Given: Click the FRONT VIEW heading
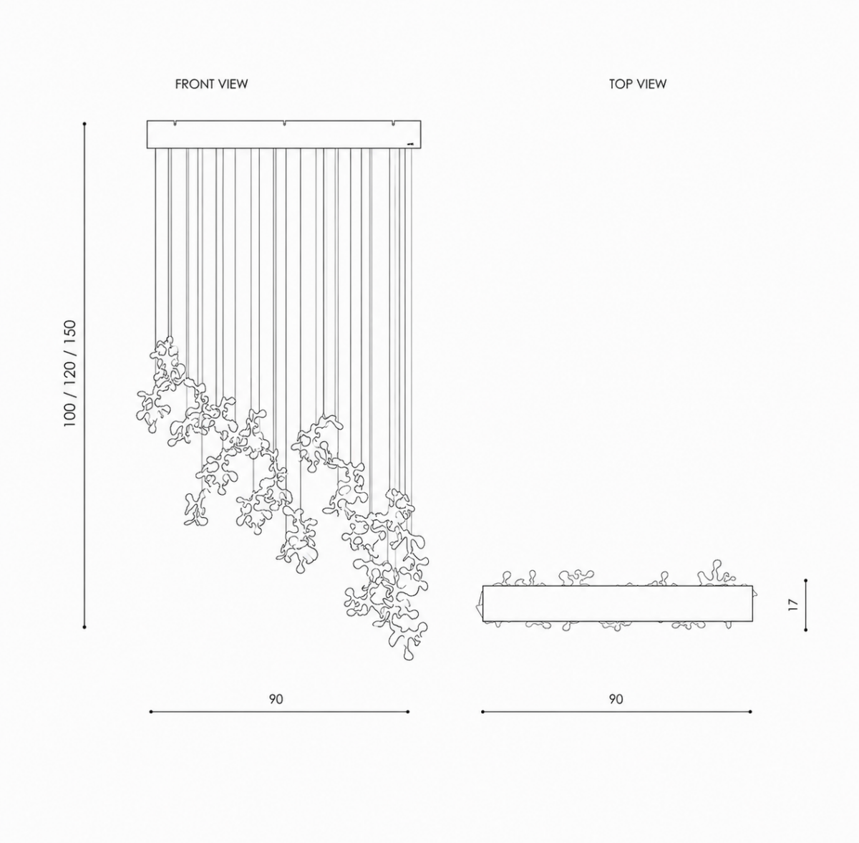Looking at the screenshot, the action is coord(211,84).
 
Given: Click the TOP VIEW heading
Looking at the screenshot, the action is coord(638,84).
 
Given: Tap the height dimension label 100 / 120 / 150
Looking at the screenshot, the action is coord(70,373).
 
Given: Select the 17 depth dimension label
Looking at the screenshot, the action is coord(792,604).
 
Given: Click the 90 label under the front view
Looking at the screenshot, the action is coord(276,699).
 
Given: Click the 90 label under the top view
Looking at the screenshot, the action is coord(616,699).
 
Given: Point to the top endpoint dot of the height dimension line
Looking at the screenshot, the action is coord(84,124).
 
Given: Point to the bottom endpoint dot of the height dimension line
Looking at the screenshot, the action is coord(84,627).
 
